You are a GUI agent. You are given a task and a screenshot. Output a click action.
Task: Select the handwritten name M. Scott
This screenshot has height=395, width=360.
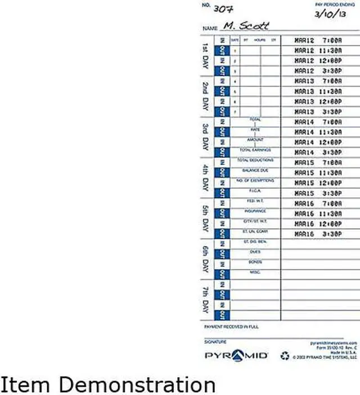(246, 26)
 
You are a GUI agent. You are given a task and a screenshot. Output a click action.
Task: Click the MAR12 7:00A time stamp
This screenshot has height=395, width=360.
(317, 40)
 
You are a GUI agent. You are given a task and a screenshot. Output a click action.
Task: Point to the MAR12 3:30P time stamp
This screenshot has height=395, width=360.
(317, 71)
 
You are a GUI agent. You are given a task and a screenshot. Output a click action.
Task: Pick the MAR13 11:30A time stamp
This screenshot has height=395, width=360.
(317, 91)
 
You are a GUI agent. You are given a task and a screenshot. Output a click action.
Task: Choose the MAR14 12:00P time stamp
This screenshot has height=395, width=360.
(317, 142)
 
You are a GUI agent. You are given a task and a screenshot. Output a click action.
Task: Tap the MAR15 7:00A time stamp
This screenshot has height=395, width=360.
(317, 162)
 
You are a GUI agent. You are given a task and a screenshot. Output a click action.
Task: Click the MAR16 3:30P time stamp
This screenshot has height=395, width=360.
(317, 233)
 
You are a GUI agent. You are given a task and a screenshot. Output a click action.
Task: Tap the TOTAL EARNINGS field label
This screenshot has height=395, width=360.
(255, 150)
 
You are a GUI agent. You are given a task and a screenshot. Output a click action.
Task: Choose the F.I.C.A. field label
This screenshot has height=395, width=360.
(255, 190)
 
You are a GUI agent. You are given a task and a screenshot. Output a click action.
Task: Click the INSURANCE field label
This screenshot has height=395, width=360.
(255, 211)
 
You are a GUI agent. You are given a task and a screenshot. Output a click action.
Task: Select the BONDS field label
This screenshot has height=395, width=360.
(255, 261)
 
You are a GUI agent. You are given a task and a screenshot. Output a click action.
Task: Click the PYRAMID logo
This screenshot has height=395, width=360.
(236, 356)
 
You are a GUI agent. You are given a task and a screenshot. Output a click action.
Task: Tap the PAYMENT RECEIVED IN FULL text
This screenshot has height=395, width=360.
(230, 326)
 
